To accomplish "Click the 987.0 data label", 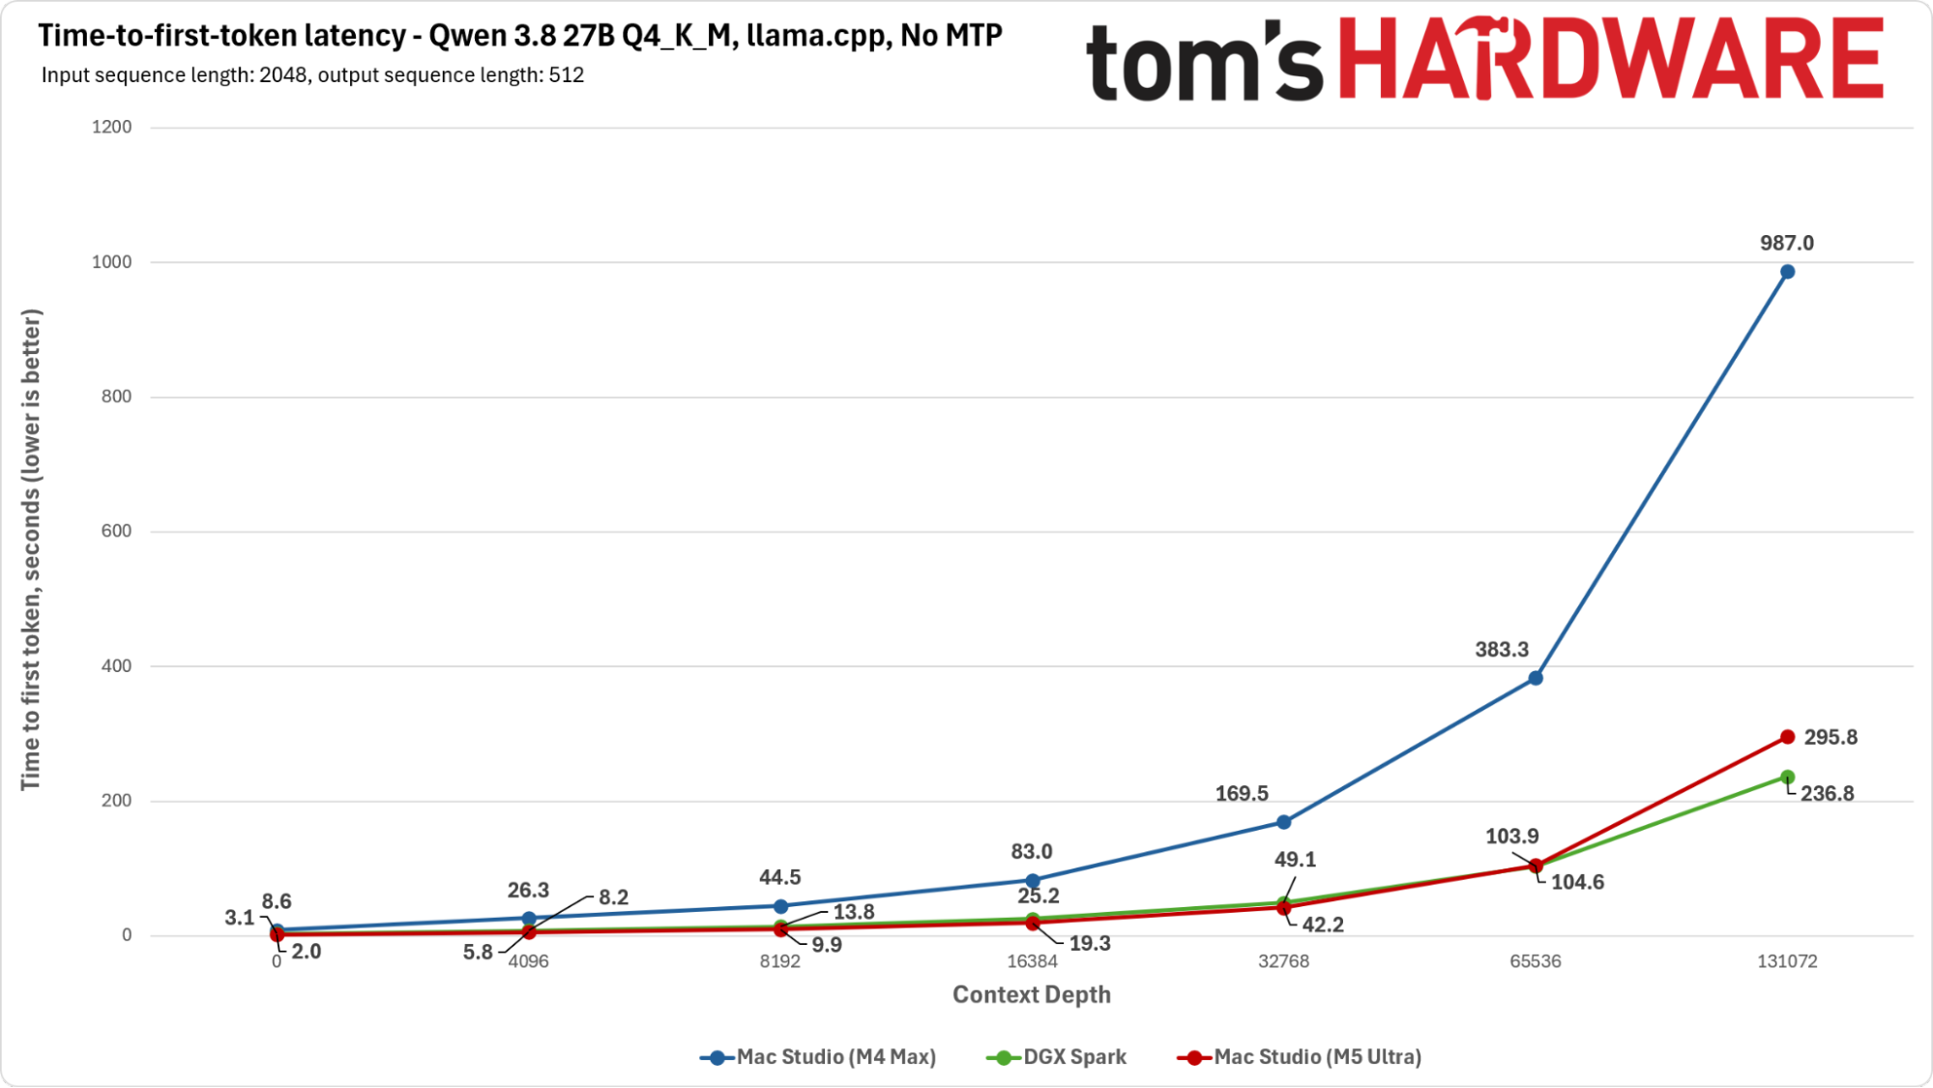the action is pyautogui.click(x=1787, y=244).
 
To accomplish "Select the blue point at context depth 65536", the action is pyautogui.click(x=1536, y=678).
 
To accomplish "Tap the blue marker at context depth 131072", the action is pyautogui.click(x=1787, y=272).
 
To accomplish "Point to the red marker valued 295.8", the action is pyautogui.click(x=1787, y=737).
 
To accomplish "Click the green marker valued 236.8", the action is pyautogui.click(x=1787, y=777).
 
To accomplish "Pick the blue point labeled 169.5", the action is pyautogui.click(x=1284, y=822).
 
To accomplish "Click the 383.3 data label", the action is pyautogui.click(x=1502, y=650).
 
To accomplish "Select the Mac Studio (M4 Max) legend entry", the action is pyautogui.click(x=818, y=1057).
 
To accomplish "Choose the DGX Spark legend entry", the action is pyautogui.click(x=1056, y=1057).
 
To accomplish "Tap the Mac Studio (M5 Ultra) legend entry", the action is pyautogui.click(x=1299, y=1057).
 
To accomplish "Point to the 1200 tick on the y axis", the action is pyautogui.click(x=112, y=127).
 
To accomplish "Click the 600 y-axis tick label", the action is pyautogui.click(x=117, y=531).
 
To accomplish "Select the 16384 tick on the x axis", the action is pyautogui.click(x=1032, y=961).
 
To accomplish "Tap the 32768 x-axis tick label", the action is pyautogui.click(x=1284, y=961).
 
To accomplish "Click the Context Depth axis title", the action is pyautogui.click(x=1032, y=995).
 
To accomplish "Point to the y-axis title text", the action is pyautogui.click(x=31, y=549).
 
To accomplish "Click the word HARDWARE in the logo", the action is pyautogui.click(x=1612, y=59).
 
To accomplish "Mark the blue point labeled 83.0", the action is pyautogui.click(x=1032, y=881).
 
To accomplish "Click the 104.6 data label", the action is pyautogui.click(x=1577, y=882).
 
